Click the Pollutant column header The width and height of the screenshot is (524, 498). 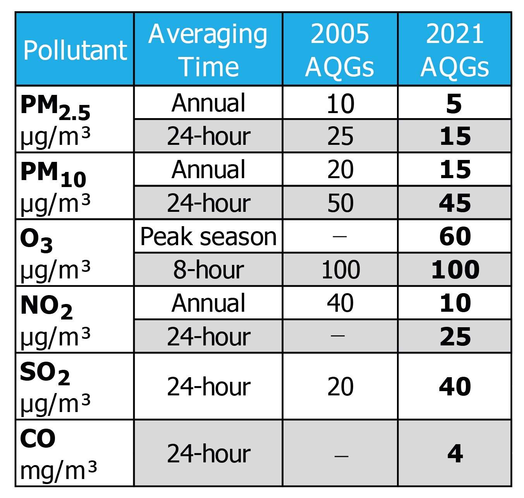(x=75, y=50)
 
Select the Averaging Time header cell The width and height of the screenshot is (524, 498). (x=208, y=50)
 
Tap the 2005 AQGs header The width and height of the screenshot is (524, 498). (x=340, y=50)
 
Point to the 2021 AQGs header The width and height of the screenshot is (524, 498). (x=455, y=50)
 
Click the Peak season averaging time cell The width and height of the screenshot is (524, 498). (x=208, y=236)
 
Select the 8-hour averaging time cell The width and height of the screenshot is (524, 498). (x=208, y=270)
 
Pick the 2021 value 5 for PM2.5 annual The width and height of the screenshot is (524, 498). (x=454, y=103)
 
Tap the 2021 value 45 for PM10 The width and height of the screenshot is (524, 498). (x=455, y=203)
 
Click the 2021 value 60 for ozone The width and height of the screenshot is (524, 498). (x=455, y=236)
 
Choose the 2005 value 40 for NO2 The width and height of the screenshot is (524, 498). (x=340, y=303)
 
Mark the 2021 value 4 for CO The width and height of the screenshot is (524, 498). (x=455, y=453)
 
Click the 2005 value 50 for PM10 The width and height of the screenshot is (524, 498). (x=340, y=203)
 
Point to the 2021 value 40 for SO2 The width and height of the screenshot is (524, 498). (x=455, y=386)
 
